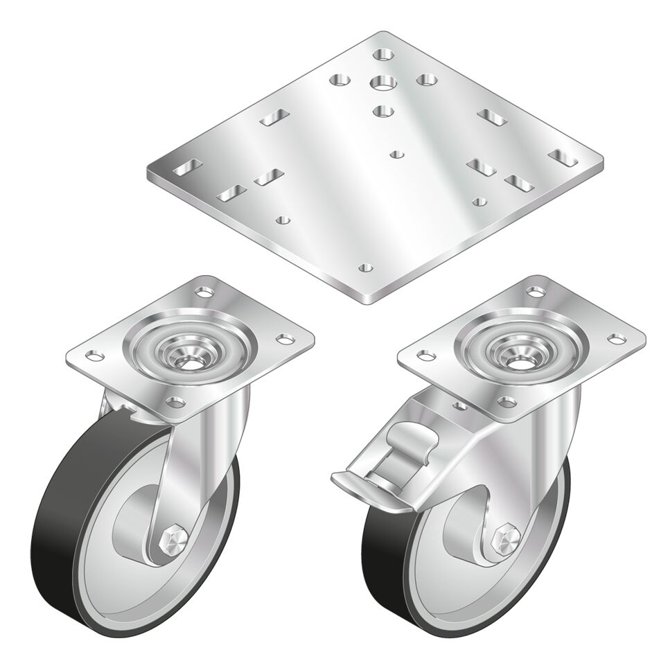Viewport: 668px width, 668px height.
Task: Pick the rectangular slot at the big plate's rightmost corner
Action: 563,159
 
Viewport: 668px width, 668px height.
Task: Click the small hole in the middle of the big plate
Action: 396,154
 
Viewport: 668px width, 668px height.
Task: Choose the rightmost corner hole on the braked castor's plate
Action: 617,339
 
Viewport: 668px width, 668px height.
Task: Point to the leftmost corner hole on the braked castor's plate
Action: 423,355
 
